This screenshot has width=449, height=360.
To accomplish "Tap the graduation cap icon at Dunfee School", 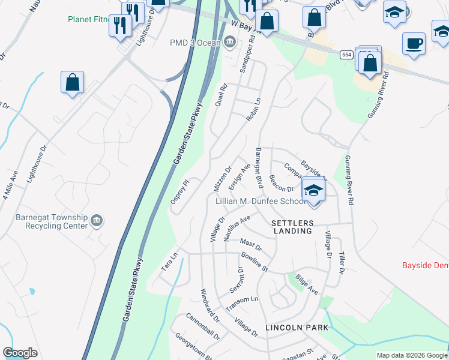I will point(313,191).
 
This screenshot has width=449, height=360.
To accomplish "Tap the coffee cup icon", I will point(414,44).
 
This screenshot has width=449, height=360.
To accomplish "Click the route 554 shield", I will point(346,55).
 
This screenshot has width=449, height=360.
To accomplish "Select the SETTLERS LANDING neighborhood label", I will point(292,227).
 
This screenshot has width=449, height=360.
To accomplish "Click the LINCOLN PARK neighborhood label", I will point(297,328).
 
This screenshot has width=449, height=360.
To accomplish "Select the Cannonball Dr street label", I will point(202,326).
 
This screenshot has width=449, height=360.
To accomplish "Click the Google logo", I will point(20,353).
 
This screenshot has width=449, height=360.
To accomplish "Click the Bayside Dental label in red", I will point(425,265).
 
